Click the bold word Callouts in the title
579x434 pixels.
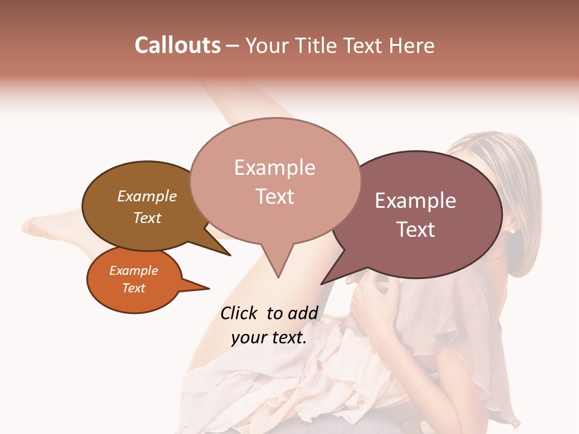tap(177, 45)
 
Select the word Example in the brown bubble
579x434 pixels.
tap(147, 197)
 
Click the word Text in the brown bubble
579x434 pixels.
tap(147, 218)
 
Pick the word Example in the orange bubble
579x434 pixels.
tap(134, 271)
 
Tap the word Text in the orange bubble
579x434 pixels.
tap(134, 288)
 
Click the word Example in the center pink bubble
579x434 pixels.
tap(274, 168)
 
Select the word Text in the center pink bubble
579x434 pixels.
tap(274, 197)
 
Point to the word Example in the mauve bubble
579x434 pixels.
tap(416, 201)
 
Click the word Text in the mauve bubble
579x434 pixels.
tap(416, 229)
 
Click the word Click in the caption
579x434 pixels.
tap(240, 313)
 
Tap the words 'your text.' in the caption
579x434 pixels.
tap(269, 338)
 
